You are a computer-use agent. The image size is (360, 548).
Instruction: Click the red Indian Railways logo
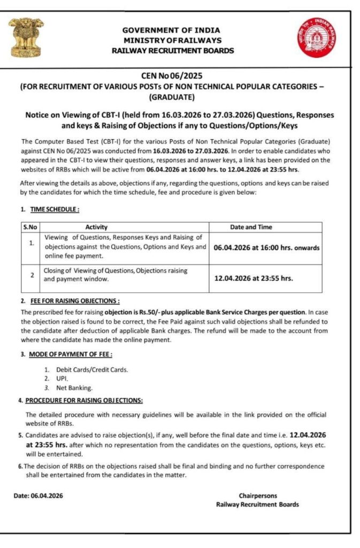pos(317,37)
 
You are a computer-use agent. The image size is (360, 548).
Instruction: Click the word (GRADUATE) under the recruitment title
pos(171,97)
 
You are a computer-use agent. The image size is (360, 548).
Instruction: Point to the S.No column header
pos(29,227)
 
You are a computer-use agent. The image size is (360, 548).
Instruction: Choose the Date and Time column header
pos(250,227)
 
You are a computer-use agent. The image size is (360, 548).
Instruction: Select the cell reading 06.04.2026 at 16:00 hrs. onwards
pos(266,248)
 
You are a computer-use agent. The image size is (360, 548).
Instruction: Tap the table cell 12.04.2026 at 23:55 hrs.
pos(253,278)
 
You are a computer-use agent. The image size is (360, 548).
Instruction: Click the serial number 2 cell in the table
pos(32,275)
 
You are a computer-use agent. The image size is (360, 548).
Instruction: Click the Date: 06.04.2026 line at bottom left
pos(39,496)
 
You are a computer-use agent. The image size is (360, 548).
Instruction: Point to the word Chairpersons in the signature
pos(258,496)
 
